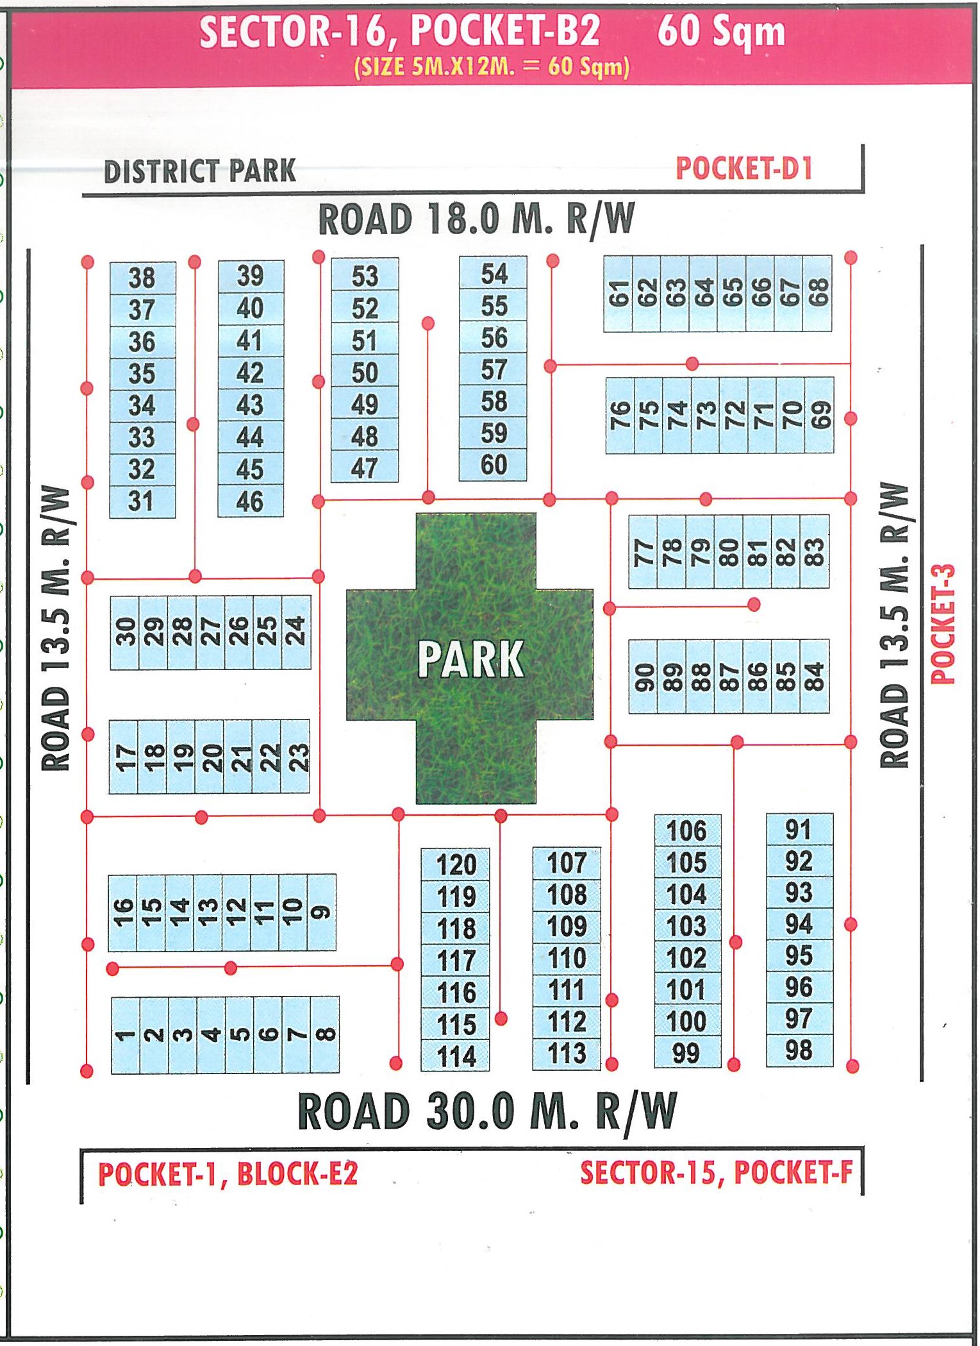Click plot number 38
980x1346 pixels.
pyautogui.click(x=142, y=278)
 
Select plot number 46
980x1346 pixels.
pyautogui.click(x=250, y=501)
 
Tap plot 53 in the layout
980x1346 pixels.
pyautogui.click(x=365, y=276)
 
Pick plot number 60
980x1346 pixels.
pyautogui.click(x=494, y=465)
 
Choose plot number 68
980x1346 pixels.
pyautogui.click(x=818, y=293)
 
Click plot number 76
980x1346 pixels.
pyautogui.click(x=620, y=415)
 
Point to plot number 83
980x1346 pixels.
pyautogui.click(x=814, y=552)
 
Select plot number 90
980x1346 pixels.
pyautogui.click(x=643, y=677)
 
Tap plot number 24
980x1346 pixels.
pyautogui.click(x=296, y=632)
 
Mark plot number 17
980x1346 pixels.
pyautogui.click(x=124, y=757)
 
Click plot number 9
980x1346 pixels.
pyautogui.click(x=322, y=912)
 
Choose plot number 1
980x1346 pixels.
pyautogui.click(x=124, y=1034)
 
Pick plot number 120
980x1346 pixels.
pyautogui.click(x=456, y=864)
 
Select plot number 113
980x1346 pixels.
pyautogui.click(x=567, y=1054)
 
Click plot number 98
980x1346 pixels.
pyautogui.click(x=799, y=1050)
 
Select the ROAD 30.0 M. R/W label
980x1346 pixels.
pyautogui.click(x=487, y=1112)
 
